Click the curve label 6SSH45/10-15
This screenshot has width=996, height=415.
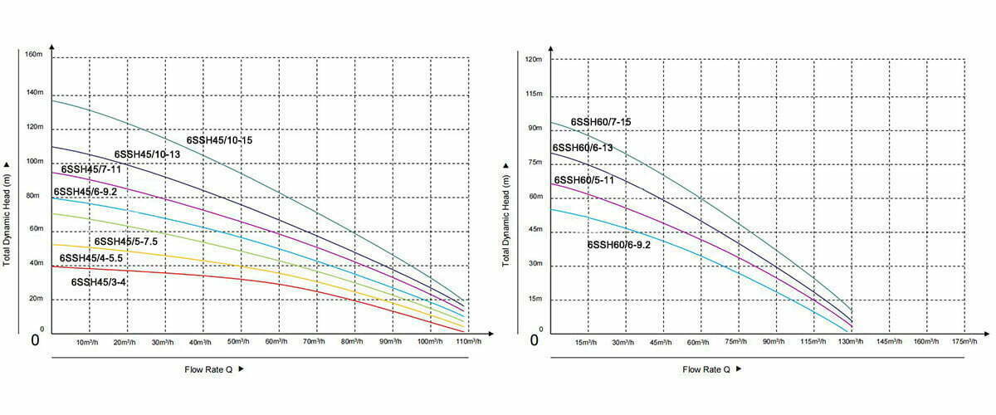219,140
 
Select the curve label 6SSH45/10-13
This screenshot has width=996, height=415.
147,154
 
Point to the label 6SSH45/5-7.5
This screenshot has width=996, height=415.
126,242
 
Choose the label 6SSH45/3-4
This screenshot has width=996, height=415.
99,282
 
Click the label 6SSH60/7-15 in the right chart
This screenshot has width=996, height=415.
601,123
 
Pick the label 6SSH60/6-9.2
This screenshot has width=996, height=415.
618,245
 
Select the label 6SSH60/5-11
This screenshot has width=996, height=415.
583,180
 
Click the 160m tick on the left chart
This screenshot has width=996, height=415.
34,56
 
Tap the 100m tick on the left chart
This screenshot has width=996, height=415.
34,161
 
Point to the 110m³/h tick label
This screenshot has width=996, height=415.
468,342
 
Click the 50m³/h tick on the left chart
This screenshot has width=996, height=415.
239,342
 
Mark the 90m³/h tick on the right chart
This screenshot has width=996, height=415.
774,342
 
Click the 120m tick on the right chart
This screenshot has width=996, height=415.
533,60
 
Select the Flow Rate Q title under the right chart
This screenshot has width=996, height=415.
706,369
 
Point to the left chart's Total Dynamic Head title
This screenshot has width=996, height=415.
7,214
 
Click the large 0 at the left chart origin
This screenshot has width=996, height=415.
35,339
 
